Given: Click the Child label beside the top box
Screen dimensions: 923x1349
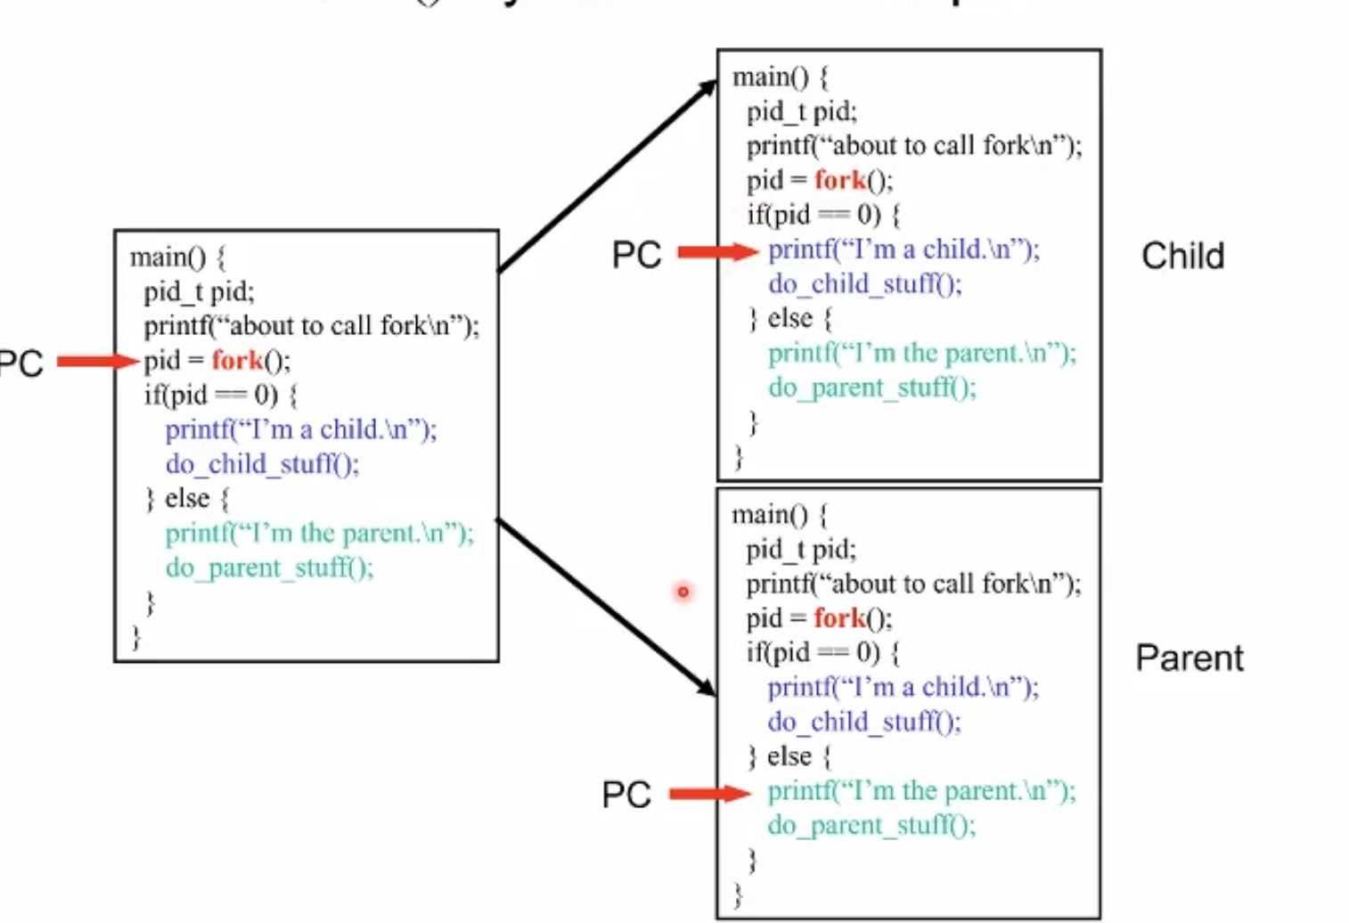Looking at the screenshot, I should [x=1182, y=257].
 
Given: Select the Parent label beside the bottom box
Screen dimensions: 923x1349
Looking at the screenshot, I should [x=1189, y=658].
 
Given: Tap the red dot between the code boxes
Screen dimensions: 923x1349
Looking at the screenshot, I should [x=683, y=592].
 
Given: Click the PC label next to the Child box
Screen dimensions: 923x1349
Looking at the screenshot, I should [x=636, y=256].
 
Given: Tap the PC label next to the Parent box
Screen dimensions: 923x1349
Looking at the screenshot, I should [x=626, y=795].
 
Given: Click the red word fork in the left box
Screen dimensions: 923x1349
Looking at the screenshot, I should [x=237, y=361].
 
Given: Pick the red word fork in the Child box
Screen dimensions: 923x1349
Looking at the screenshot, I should [x=840, y=181].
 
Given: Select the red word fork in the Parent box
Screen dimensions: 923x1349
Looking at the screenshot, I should [x=839, y=618].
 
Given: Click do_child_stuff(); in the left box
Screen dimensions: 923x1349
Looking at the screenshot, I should [x=262, y=464].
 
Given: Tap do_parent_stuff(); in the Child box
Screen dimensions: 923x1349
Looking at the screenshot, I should [x=872, y=388].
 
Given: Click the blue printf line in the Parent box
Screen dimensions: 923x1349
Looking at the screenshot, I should [x=903, y=687].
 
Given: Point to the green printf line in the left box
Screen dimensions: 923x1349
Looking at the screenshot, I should [x=319, y=534].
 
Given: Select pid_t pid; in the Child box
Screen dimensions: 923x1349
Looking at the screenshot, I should [x=802, y=112].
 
